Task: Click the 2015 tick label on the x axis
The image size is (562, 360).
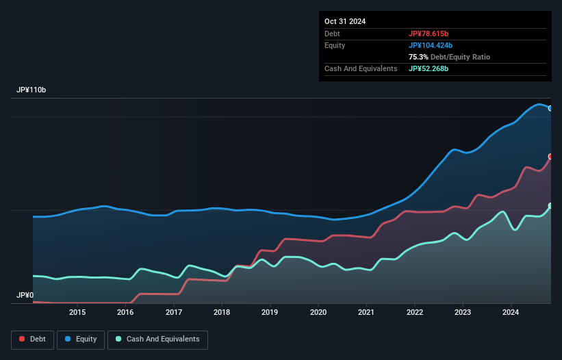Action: coord(77,313)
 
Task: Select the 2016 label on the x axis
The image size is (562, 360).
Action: coord(125,313)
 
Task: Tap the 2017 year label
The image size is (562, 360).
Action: coord(174,313)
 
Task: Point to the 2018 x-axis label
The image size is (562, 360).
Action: coord(222,313)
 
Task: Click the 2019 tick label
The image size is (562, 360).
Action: coord(270,313)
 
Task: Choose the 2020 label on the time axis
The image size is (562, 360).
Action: coord(318,313)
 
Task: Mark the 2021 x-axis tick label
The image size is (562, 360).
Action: coord(367,313)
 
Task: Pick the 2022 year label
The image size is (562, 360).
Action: coord(415,313)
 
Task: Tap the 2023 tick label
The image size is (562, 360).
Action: coord(463,313)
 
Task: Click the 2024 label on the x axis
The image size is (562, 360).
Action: coord(511,313)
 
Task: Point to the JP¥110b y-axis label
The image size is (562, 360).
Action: coord(31,90)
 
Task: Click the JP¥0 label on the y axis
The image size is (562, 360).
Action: coord(25,296)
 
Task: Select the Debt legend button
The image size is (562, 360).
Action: coord(33,339)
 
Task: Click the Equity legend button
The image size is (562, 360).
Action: coord(81,339)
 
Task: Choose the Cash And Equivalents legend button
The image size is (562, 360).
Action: coord(157,339)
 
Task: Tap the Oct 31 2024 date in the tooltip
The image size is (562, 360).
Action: coord(345,21)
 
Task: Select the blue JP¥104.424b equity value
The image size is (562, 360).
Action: coord(431,45)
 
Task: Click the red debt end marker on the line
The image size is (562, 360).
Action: coord(550,157)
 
